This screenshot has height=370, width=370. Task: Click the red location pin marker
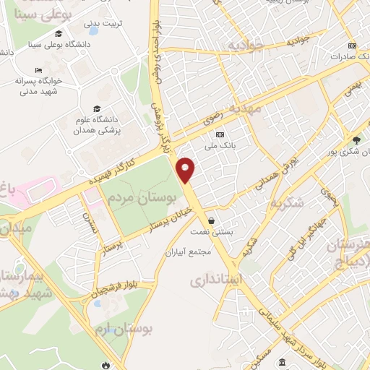pos(186,169)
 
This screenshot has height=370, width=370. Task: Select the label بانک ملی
pos(235,144)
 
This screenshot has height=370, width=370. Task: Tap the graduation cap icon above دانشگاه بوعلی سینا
pos(59,33)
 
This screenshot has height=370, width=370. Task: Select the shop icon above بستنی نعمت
pos(211,221)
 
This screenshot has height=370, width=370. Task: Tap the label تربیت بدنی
pos(103,24)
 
